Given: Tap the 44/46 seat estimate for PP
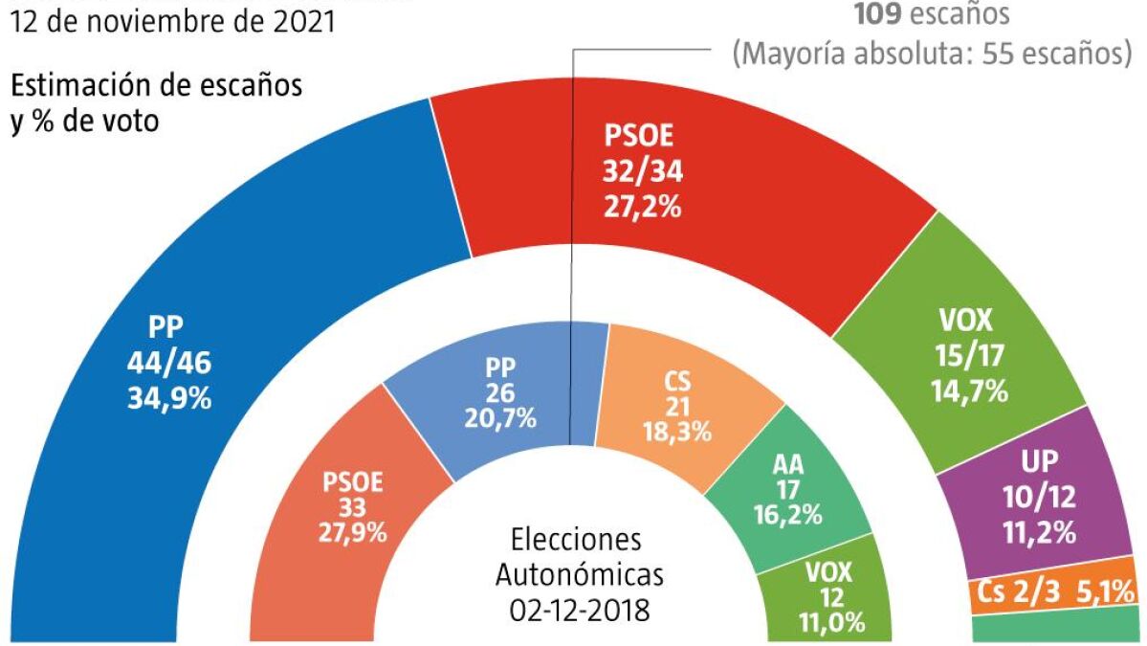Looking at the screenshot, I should point(168,362).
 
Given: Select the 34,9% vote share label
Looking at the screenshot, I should point(168,396).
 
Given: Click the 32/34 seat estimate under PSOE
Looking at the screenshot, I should point(642,170).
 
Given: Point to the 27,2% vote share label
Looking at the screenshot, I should point(642,205).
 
